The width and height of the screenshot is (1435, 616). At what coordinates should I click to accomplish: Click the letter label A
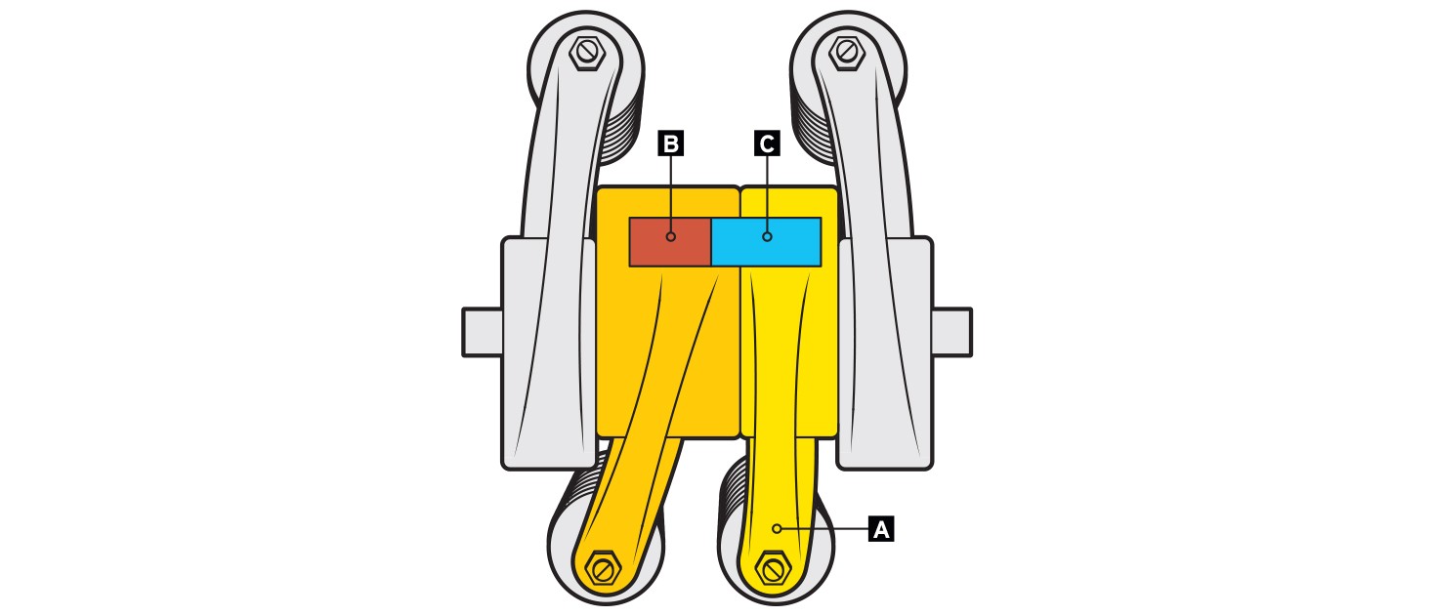881,529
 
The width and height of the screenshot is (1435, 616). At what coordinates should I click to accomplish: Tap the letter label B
671,144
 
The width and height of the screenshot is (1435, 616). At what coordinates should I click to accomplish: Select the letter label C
767,144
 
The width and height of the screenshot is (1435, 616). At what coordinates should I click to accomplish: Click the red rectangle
670,241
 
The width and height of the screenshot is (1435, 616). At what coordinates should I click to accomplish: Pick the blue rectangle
766,241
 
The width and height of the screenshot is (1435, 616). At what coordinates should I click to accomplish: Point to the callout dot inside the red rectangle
671,237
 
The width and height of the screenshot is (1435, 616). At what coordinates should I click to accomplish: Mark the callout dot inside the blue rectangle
767,237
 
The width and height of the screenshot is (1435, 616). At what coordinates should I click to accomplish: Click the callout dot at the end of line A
777,528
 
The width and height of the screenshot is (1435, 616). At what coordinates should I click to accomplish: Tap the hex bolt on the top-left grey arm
586,53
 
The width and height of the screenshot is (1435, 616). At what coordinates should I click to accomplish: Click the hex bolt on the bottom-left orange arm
604,567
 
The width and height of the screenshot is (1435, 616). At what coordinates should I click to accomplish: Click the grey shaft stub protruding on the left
483,332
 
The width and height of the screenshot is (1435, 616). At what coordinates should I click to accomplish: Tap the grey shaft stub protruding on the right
952,332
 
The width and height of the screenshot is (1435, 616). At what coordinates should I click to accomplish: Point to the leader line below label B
671,194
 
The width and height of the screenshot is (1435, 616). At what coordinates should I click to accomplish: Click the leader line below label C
767,194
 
